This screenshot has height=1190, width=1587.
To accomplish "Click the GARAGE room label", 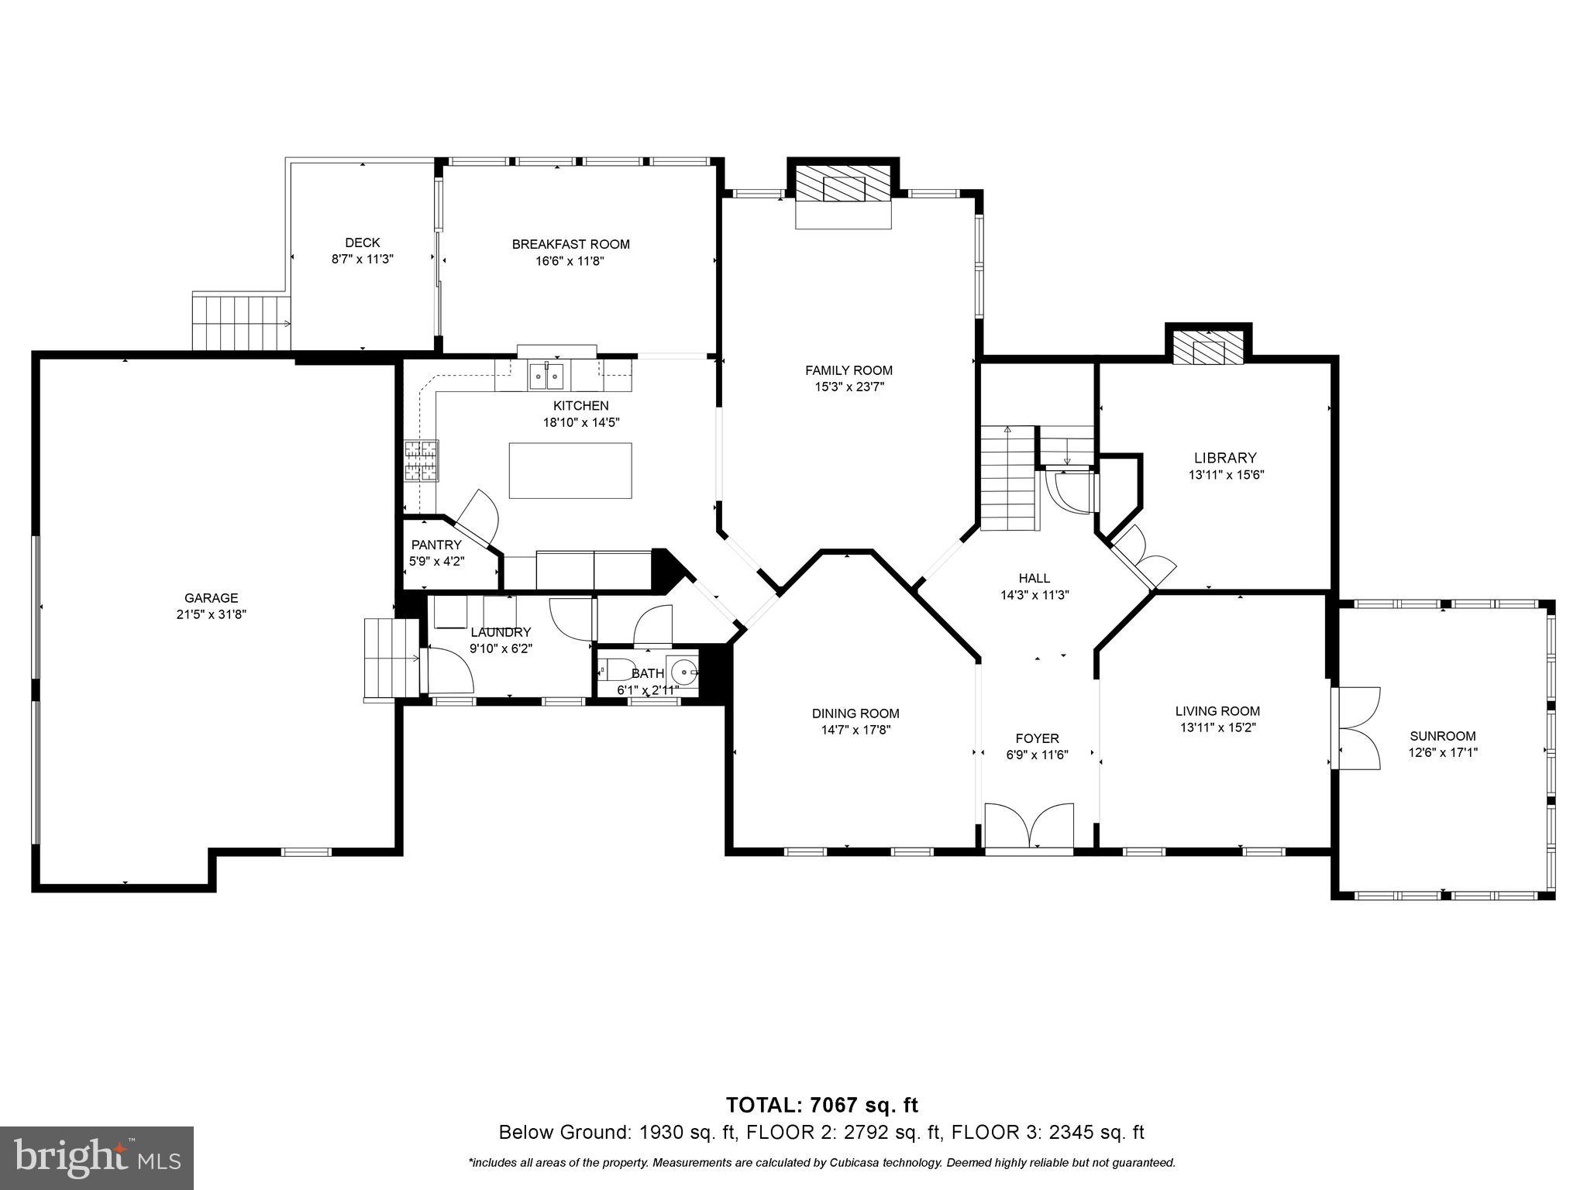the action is tap(211, 597).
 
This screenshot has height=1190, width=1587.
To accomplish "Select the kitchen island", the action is tap(570, 470).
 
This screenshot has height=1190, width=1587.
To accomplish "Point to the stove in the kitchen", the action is tap(421, 461).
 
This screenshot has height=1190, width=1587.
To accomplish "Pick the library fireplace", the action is tap(1208, 347).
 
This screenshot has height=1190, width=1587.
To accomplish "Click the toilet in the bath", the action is tap(617, 669).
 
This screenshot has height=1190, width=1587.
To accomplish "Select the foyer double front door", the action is tap(1029, 828).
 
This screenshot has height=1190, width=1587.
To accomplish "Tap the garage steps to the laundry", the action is tap(392, 659).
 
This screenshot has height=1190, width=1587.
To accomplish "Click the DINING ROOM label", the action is tap(855, 713).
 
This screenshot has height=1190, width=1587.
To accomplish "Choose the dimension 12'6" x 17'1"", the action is tap(1443, 751).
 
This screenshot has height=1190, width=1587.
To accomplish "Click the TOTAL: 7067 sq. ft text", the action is tap(821, 1105).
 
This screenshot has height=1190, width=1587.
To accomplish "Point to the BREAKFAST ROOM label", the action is tap(570, 244).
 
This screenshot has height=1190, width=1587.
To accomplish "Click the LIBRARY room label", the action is tap(1225, 458).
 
